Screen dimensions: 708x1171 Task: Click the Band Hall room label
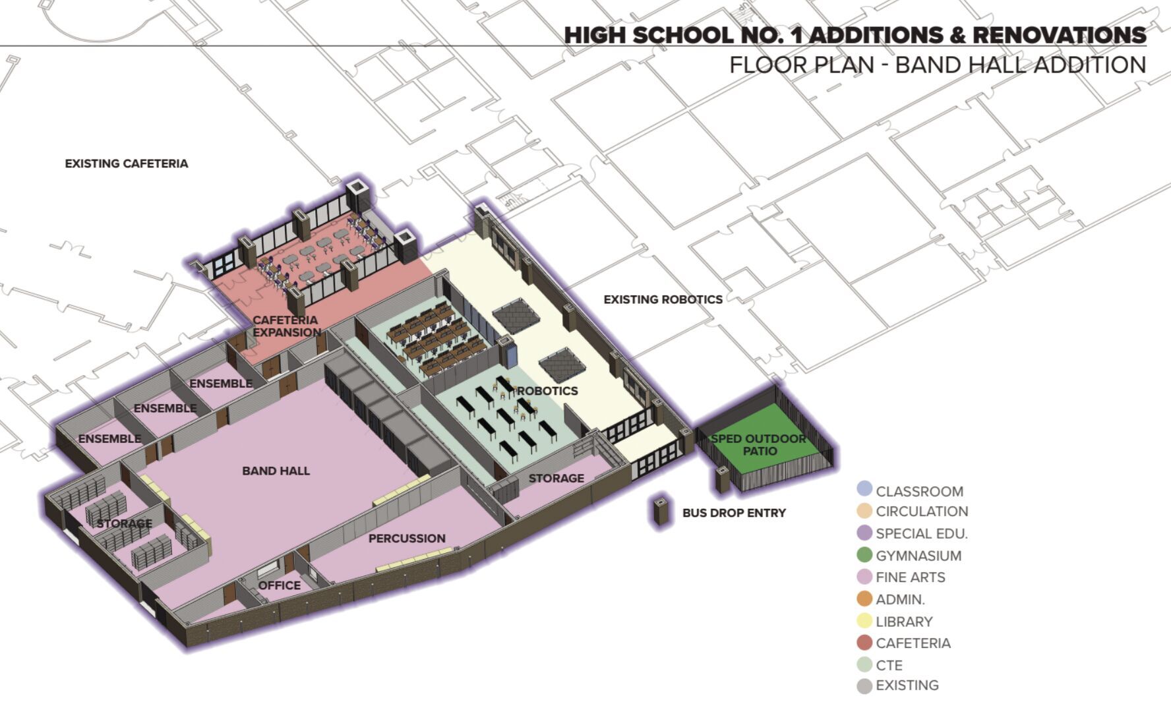point(276,471)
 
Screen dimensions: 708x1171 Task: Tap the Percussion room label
point(407,539)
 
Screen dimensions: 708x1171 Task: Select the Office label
point(279,585)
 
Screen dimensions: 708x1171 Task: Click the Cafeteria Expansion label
point(286,326)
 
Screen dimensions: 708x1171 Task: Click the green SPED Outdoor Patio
point(758,445)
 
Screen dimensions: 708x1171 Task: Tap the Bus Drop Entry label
point(734,513)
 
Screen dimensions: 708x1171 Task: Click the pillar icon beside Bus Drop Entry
point(660,512)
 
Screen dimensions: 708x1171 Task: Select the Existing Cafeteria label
point(126,163)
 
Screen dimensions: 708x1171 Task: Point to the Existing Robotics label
point(663,299)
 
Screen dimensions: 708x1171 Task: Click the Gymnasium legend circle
point(864,555)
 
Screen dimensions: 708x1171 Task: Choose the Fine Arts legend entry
point(910,577)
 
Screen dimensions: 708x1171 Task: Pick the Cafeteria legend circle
point(864,643)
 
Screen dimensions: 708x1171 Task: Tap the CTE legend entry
point(889,665)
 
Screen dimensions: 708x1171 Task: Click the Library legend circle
point(864,621)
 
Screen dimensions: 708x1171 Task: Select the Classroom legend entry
point(919,491)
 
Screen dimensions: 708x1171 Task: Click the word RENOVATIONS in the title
point(1059,35)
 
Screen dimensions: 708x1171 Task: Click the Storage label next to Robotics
point(556,479)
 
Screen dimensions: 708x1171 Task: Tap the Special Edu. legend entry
point(921,533)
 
